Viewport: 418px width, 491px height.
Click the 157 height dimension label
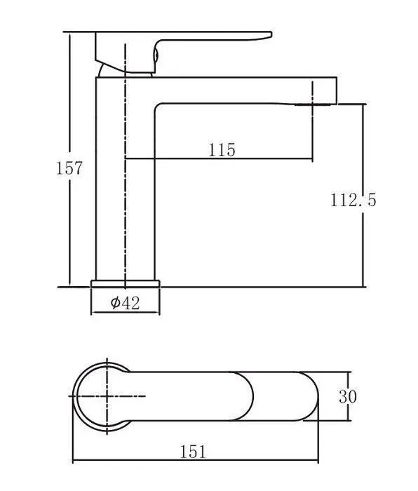tap(69, 168)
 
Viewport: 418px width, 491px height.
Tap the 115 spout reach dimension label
tap(222, 149)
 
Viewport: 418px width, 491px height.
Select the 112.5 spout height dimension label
tap(353, 200)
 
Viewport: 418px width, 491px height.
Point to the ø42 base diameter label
tap(126, 303)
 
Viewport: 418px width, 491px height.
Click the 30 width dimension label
tap(348, 396)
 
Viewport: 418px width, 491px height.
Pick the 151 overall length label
tap(193, 452)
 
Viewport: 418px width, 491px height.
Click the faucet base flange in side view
tap(126, 283)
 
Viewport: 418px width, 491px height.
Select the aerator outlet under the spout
tap(312, 105)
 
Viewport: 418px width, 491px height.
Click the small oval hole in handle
tap(156, 55)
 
